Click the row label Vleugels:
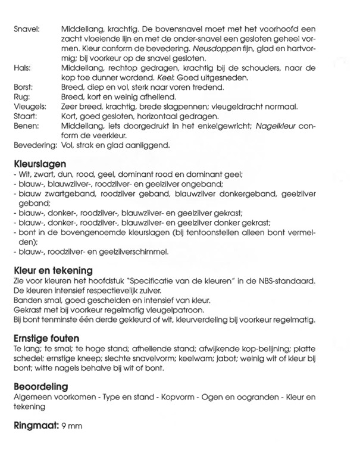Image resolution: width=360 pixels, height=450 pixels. pos(27,106)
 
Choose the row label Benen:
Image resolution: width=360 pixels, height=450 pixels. pos(25,126)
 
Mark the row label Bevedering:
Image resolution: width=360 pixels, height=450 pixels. pos(33,145)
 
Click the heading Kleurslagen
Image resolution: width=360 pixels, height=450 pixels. pos(38,164)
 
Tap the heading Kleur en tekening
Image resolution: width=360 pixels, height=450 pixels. pos(52,271)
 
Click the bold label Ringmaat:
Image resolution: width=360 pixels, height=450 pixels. pos(34,426)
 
